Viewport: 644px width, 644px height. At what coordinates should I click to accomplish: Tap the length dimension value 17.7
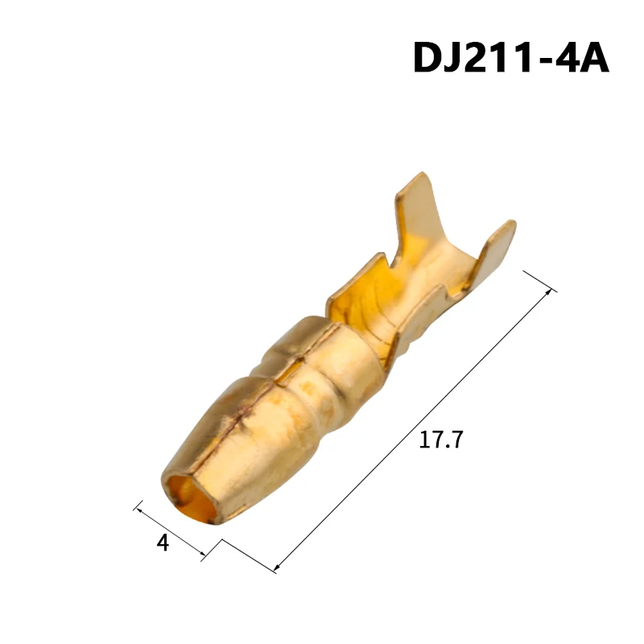(442, 440)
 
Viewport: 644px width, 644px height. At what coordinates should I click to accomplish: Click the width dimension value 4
(163, 543)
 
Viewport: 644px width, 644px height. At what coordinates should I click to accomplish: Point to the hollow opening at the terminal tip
(186, 496)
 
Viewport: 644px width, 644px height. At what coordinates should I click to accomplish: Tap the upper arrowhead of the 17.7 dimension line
(551, 291)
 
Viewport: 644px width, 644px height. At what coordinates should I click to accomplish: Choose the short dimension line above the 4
(171, 530)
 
